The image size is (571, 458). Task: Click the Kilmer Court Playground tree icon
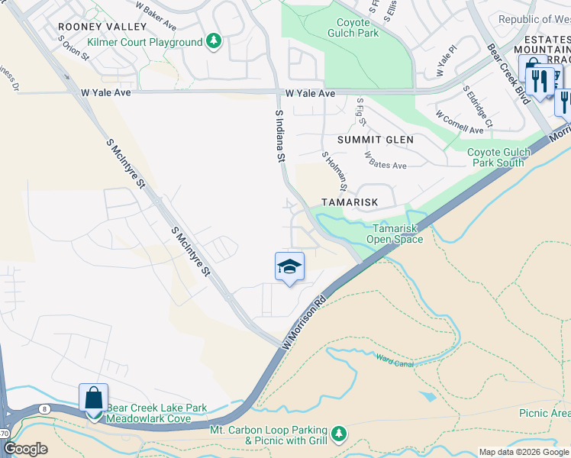point(215,42)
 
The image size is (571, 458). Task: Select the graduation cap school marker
point(289,266)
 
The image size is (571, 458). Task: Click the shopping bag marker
point(93,398)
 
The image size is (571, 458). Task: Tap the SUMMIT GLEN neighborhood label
point(376,140)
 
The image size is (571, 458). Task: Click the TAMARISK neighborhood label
point(350,202)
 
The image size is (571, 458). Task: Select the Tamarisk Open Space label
point(394,234)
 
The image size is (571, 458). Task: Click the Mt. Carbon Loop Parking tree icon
point(338,434)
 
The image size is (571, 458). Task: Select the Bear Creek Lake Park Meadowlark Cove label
point(156,414)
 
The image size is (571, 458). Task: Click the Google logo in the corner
point(25,449)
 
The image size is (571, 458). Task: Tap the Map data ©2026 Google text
point(523,452)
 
